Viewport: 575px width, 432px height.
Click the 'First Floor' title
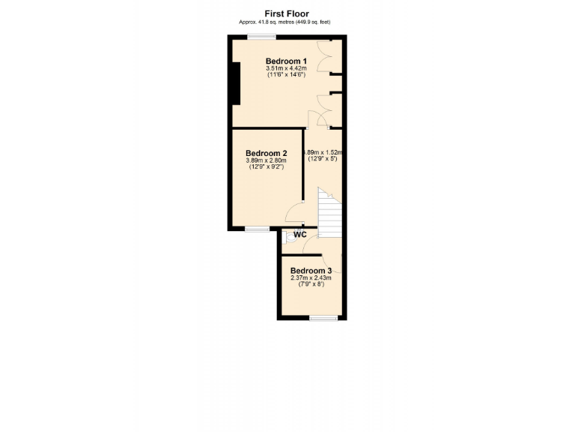point(287,13)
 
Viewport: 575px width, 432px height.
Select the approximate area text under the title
point(285,22)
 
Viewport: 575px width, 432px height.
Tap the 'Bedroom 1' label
point(286,61)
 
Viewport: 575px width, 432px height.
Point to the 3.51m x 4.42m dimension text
point(286,69)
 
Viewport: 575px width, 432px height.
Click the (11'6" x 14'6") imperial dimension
point(286,75)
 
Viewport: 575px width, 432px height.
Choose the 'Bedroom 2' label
point(266,154)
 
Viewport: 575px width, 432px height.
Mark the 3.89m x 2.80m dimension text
point(266,160)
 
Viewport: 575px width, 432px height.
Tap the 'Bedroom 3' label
point(311,271)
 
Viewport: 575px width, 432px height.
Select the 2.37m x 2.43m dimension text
point(311,278)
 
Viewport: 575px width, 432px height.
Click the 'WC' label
point(299,235)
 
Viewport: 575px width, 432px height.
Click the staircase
point(329,210)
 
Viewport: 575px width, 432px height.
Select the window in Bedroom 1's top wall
point(261,37)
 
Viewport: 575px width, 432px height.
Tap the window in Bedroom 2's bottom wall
point(258,228)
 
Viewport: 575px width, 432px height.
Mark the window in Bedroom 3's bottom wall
point(323,318)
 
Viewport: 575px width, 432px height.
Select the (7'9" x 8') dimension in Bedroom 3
point(311,285)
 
